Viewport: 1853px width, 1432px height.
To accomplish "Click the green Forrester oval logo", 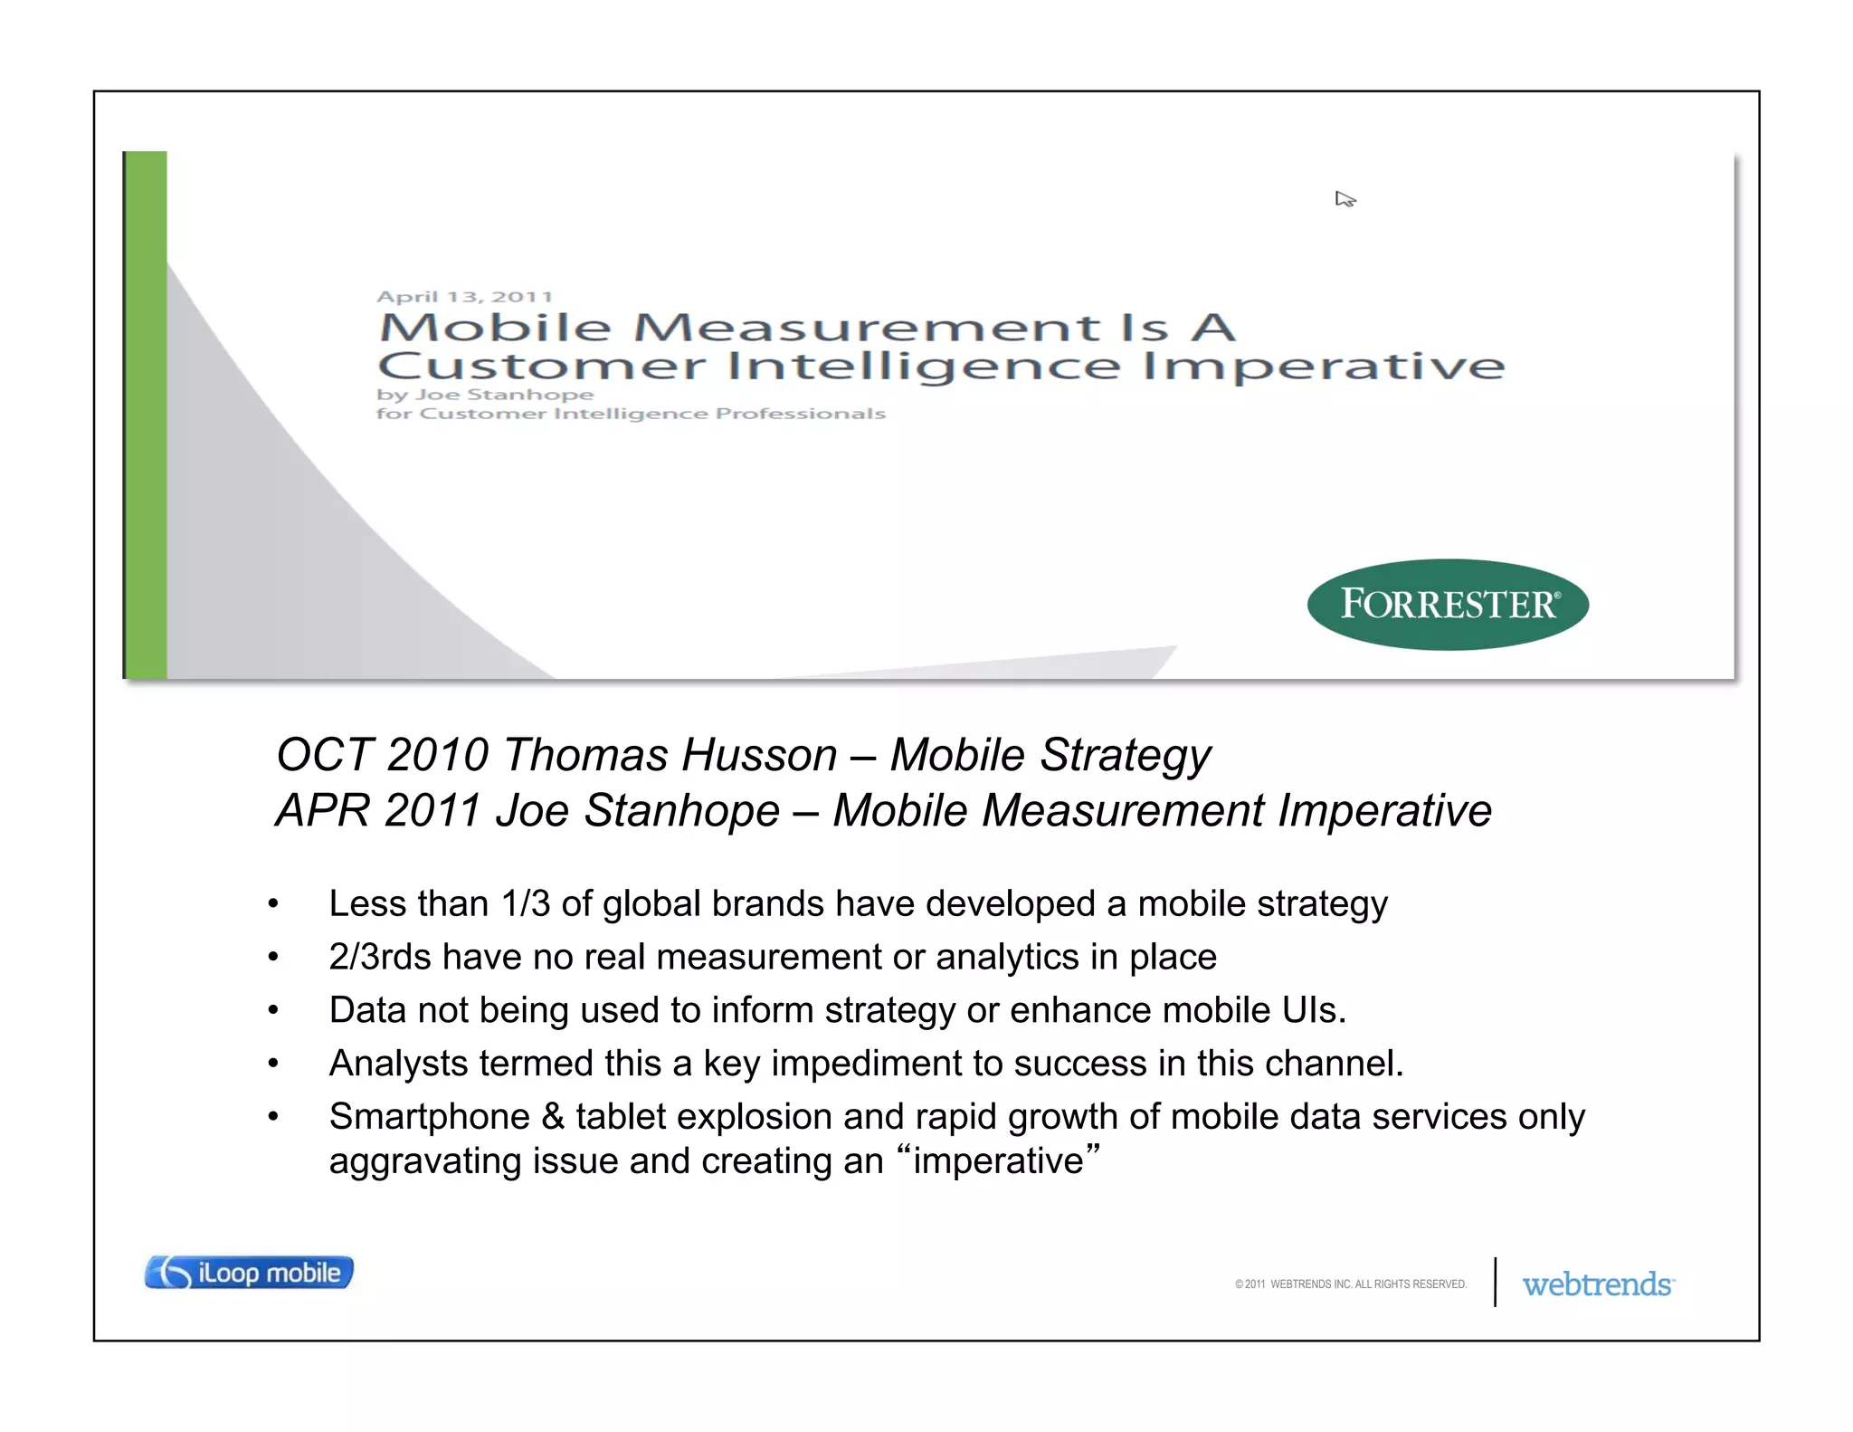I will pyautogui.click(x=1448, y=604).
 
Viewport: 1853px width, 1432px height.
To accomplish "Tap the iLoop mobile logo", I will pyautogui.click(x=249, y=1273).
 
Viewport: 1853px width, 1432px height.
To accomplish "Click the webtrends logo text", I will pyautogui.click(x=1597, y=1284).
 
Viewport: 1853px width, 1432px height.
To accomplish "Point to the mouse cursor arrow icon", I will pyautogui.click(x=1345, y=199).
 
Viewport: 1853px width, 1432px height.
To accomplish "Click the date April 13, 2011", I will pyautogui.click(x=464, y=297).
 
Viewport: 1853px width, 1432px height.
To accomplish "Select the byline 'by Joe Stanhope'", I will pyautogui.click(x=485, y=395).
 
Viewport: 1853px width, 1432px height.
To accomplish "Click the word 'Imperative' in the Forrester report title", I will pyautogui.click(x=1323, y=367).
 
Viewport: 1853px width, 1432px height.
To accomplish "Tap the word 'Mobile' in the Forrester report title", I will pyautogui.click(x=496, y=328).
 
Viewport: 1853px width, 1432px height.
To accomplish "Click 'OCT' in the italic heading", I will pyautogui.click(x=325, y=755).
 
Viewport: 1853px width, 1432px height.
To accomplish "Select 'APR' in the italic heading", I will pyautogui.click(x=323, y=810).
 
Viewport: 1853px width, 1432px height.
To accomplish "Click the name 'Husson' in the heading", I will pyautogui.click(x=760, y=755).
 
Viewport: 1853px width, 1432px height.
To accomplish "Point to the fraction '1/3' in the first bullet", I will pyautogui.click(x=525, y=903).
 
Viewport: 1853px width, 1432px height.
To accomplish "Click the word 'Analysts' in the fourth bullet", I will pyautogui.click(x=398, y=1064).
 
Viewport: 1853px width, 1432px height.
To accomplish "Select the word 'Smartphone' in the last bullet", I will pyautogui.click(x=429, y=1117).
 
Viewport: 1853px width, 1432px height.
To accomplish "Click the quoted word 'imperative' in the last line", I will pyautogui.click(x=998, y=1161).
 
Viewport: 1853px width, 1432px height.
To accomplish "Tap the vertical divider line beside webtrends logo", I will pyautogui.click(x=1495, y=1282).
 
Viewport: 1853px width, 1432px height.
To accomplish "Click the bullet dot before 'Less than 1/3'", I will pyautogui.click(x=273, y=904).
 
